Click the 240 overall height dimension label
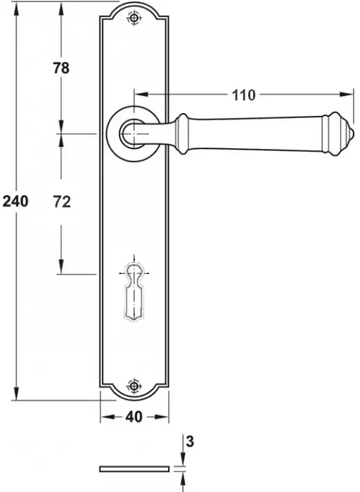pyautogui.click(x=15, y=201)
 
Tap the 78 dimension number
pyautogui.click(x=61, y=68)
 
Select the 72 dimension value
pyautogui.click(x=62, y=202)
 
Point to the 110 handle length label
pyautogui.click(x=243, y=95)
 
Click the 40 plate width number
pyautogui.click(x=134, y=417)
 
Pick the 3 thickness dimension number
pyautogui.click(x=191, y=442)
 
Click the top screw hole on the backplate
pyautogui.click(x=134, y=18)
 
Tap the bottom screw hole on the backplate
pyautogui.click(x=134, y=386)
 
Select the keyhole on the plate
pyautogui.click(x=134, y=292)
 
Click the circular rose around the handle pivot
pyautogui.click(x=110, y=134)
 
